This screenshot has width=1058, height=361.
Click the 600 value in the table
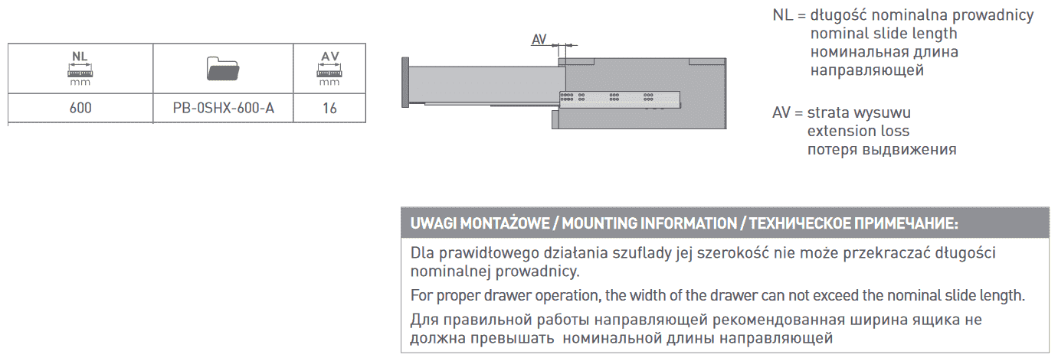coord(80,109)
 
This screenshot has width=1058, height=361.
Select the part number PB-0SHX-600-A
coord(223,109)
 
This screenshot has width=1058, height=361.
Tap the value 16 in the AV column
coord(329,109)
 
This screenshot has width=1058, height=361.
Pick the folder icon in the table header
coord(223,70)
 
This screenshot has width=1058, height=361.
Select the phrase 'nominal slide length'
coord(883,34)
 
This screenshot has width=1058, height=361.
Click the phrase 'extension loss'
coord(853,131)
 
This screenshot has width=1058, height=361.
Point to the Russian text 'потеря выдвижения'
coord(881,149)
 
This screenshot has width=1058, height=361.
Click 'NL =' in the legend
coord(788,15)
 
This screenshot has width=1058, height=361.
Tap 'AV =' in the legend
coord(788,112)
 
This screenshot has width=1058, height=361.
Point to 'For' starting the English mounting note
coord(421,295)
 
